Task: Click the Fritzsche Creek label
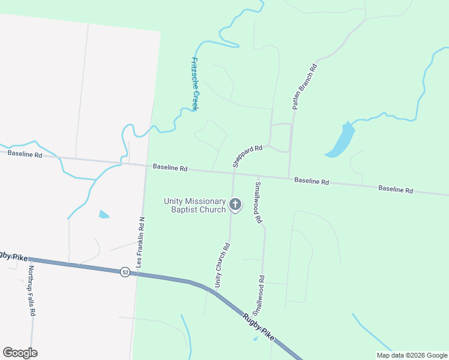click(194, 84)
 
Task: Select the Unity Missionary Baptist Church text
click(195, 205)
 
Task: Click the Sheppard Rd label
click(247, 156)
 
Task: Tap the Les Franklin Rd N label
click(142, 242)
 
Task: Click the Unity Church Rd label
click(222, 264)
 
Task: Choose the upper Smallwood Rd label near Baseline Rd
click(258, 203)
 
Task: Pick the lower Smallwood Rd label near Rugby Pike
click(259, 296)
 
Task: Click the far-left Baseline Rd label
click(25, 154)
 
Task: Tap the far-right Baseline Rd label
click(396, 190)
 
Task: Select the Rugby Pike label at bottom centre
click(259, 328)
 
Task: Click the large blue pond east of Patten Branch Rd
click(341, 141)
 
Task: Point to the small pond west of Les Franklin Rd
click(104, 214)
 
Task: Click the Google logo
click(20, 353)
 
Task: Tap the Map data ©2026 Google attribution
click(412, 355)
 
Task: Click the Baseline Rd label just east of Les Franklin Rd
click(170, 168)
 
